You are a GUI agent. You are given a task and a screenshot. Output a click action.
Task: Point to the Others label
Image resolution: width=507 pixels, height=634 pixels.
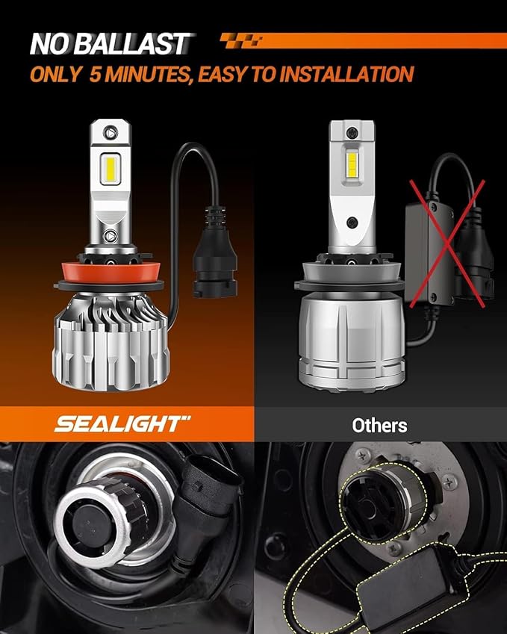tap(380, 426)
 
